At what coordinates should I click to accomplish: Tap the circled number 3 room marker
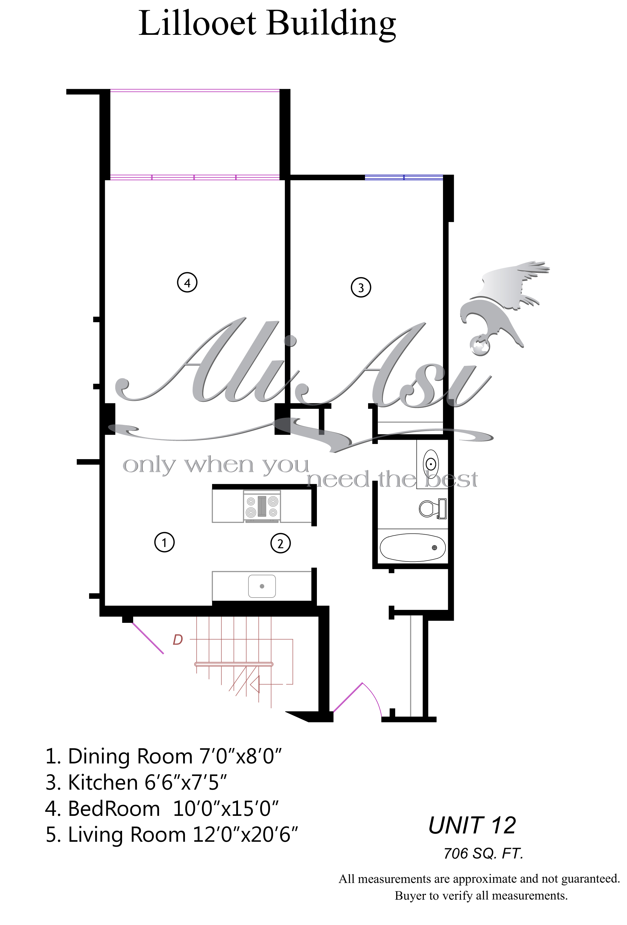coord(360,287)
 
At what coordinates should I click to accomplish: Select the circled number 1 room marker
coord(164,542)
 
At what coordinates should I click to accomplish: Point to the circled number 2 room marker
coord(280,543)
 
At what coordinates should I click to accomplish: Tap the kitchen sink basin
coord(262,586)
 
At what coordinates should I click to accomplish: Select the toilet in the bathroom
coord(432,508)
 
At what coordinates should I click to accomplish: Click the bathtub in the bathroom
coord(412,547)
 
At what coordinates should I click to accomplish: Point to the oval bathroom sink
coord(430,463)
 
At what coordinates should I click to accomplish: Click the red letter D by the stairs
coord(178,639)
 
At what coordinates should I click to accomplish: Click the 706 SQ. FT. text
coord(483,853)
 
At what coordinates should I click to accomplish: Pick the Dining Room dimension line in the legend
coord(163,756)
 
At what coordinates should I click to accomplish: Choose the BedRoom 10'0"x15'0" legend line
coord(162,808)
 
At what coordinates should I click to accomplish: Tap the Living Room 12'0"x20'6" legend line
coord(171,835)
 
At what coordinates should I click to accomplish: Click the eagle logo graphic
coord(504,308)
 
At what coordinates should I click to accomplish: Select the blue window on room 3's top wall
coord(404,177)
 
